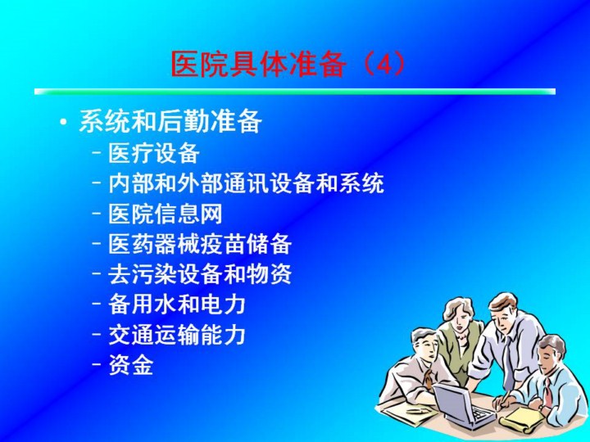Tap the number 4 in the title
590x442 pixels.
[384, 65]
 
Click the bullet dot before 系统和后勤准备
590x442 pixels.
[64, 122]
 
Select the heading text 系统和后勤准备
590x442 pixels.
[170, 121]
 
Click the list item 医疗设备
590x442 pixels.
[154, 153]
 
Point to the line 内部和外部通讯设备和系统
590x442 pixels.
[246, 183]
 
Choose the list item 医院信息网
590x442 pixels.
[166, 214]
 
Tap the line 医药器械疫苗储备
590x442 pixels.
[200, 244]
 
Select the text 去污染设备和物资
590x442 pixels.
[200, 273]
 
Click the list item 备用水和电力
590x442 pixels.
[177, 304]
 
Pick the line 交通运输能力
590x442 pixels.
[177, 335]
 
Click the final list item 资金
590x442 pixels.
[131, 364]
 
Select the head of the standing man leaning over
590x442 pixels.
[503, 313]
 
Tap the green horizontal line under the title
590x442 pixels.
[295, 92]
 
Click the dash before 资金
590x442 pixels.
[97, 363]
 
